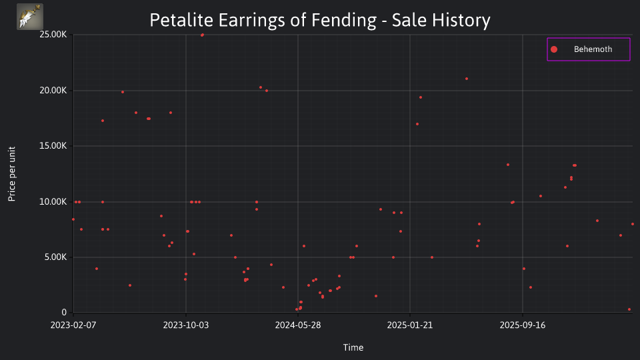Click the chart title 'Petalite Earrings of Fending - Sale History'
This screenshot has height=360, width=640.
pos(320,20)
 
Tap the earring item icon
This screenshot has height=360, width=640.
pos(30,17)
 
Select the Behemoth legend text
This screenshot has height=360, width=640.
pos(593,49)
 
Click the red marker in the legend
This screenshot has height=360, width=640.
pos(554,49)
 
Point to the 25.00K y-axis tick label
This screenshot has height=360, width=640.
pos(53,35)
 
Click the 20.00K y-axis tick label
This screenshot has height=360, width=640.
pos(53,90)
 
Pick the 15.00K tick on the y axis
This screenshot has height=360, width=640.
pos(53,146)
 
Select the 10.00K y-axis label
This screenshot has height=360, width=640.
pos(53,201)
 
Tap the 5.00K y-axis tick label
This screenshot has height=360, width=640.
pos(55,257)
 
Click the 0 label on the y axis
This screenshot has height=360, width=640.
pos(64,313)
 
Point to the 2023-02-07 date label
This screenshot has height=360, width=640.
pos(73,325)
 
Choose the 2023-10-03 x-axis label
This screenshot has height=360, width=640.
pos(186,325)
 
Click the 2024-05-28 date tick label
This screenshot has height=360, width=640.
pos(298,325)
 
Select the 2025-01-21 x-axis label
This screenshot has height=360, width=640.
pos(410,325)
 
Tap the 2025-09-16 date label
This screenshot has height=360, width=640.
pos(523,325)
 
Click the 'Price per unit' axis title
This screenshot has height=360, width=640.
pos(12,174)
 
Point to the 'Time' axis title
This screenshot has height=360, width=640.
pos(353,347)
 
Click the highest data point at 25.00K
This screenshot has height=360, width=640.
pos(202,35)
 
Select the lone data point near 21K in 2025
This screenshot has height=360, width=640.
pos(467,79)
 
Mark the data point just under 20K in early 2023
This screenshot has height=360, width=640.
pos(123,92)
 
